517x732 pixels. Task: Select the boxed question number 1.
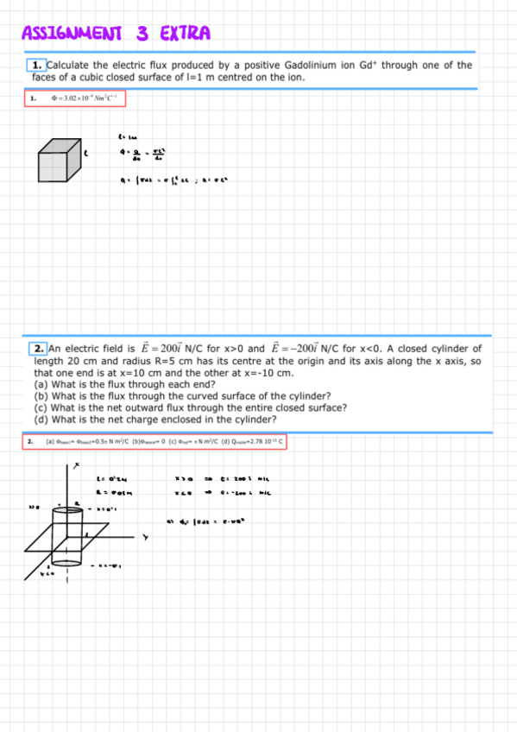36,65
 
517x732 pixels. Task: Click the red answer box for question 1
75,98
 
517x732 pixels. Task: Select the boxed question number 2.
39,348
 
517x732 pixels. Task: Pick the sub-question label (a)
40,384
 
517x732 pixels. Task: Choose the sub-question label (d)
40,420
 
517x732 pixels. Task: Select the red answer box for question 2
154,441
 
